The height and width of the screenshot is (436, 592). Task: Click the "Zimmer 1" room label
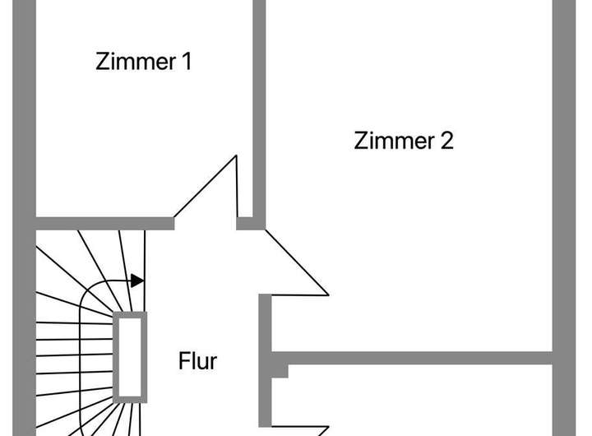[144, 62]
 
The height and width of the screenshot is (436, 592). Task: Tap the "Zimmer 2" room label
[404, 141]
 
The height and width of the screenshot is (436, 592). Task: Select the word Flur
[198, 360]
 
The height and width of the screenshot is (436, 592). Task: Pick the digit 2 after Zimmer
[446, 141]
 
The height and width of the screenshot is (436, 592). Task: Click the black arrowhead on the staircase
[138, 281]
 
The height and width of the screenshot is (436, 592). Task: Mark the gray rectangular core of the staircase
[131, 356]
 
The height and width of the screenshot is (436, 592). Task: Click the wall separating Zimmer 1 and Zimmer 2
[259, 107]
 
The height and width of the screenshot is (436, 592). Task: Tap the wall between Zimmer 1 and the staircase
[103, 222]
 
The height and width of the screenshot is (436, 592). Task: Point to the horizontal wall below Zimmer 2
[411, 359]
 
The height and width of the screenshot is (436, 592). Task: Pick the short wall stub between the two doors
[245, 222]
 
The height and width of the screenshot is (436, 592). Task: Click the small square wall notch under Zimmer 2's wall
[280, 371]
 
